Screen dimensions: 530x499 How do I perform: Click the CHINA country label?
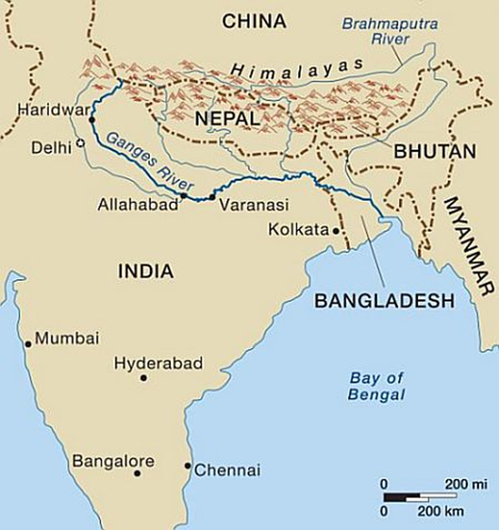tap(254, 22)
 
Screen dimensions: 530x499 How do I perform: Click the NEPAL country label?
tap(226, 120)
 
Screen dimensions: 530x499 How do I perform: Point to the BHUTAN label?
tap(435, 153)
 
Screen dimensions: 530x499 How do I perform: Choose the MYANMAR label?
tap(468, 244)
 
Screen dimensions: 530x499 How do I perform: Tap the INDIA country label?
tap(145, 271)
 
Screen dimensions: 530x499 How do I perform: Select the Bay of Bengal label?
tap(376, 386)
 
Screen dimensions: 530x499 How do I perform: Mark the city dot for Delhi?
tap(80, 144)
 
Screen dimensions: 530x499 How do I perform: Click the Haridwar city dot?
tap(93, 120)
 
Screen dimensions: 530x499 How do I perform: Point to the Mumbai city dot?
tap(29, 344)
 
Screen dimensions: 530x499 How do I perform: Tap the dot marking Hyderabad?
tap(144, 378)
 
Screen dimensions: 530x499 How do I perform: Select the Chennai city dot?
tap(188, 465)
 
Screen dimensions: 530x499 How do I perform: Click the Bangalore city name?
tap(113, 461)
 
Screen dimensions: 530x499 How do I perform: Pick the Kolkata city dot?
tap(335, 230)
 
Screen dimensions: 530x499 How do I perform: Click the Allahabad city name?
tap(137, 204)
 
